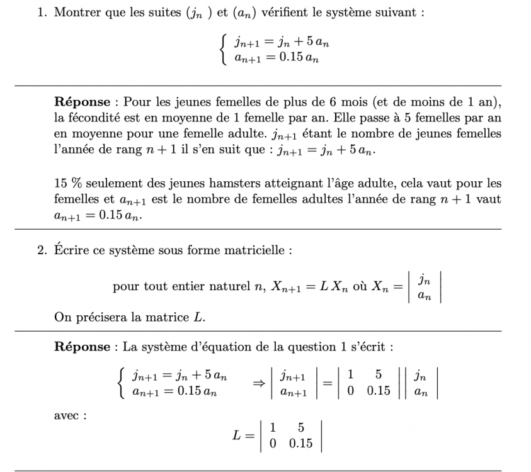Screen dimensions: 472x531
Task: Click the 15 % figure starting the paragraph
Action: pos(68,184)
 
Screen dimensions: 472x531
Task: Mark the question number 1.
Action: pos(41,13)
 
